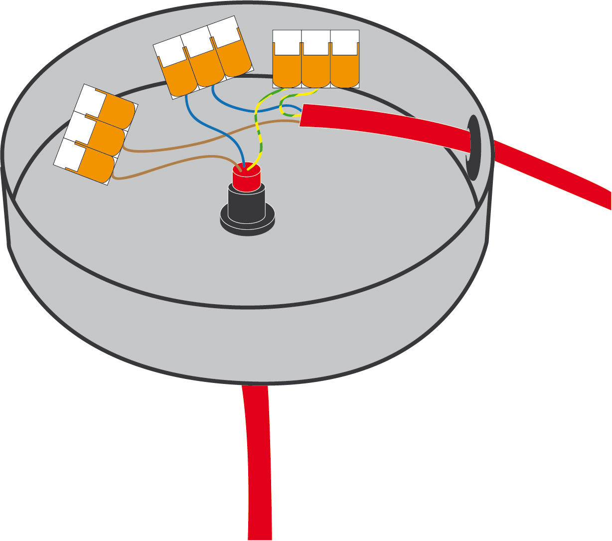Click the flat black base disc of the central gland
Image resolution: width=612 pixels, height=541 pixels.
[248, 223]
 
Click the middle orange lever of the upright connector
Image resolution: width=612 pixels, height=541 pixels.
[316, 70]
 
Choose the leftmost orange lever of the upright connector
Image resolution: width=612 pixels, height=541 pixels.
[288, 70]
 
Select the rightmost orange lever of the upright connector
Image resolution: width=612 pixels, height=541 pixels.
[344, 70]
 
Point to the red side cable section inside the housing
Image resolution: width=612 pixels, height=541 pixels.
[384, 125]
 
